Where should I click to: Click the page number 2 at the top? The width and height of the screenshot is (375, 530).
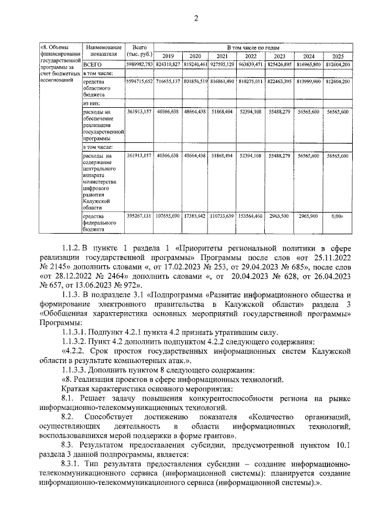tap(196, 18)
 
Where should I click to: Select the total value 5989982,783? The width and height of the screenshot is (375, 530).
tap(139, 64)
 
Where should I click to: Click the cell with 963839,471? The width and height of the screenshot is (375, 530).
tap(253, 64)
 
